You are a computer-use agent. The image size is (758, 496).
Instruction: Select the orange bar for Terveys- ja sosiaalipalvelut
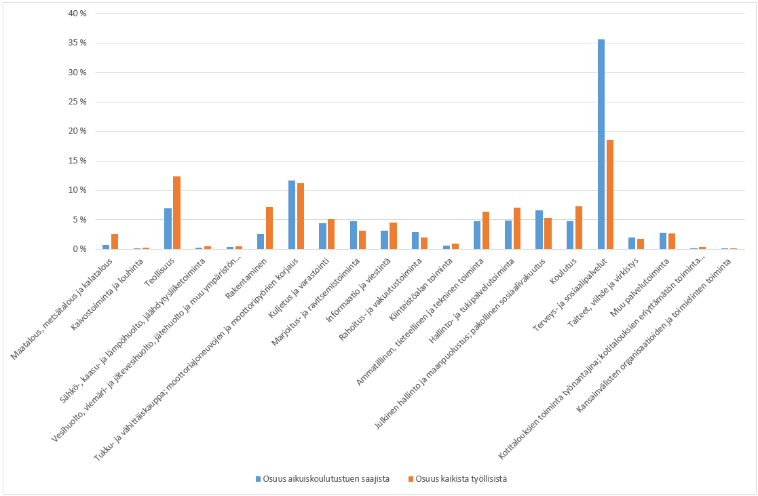coord(609,194)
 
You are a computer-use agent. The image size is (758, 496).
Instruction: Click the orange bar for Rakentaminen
coord(269,228)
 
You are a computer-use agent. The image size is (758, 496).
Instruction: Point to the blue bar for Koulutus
coord(570,235)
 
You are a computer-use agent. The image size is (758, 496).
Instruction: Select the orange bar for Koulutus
coord(578,227)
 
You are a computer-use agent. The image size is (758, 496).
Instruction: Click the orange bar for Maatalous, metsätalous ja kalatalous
coord(115,242)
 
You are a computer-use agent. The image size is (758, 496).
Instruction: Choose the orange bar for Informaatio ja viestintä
coord(393,235)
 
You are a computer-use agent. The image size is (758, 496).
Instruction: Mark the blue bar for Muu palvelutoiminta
coord(662,241)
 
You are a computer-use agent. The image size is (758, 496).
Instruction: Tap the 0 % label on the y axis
coord(80,249)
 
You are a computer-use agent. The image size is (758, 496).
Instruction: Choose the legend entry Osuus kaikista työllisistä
coord(461,478)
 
